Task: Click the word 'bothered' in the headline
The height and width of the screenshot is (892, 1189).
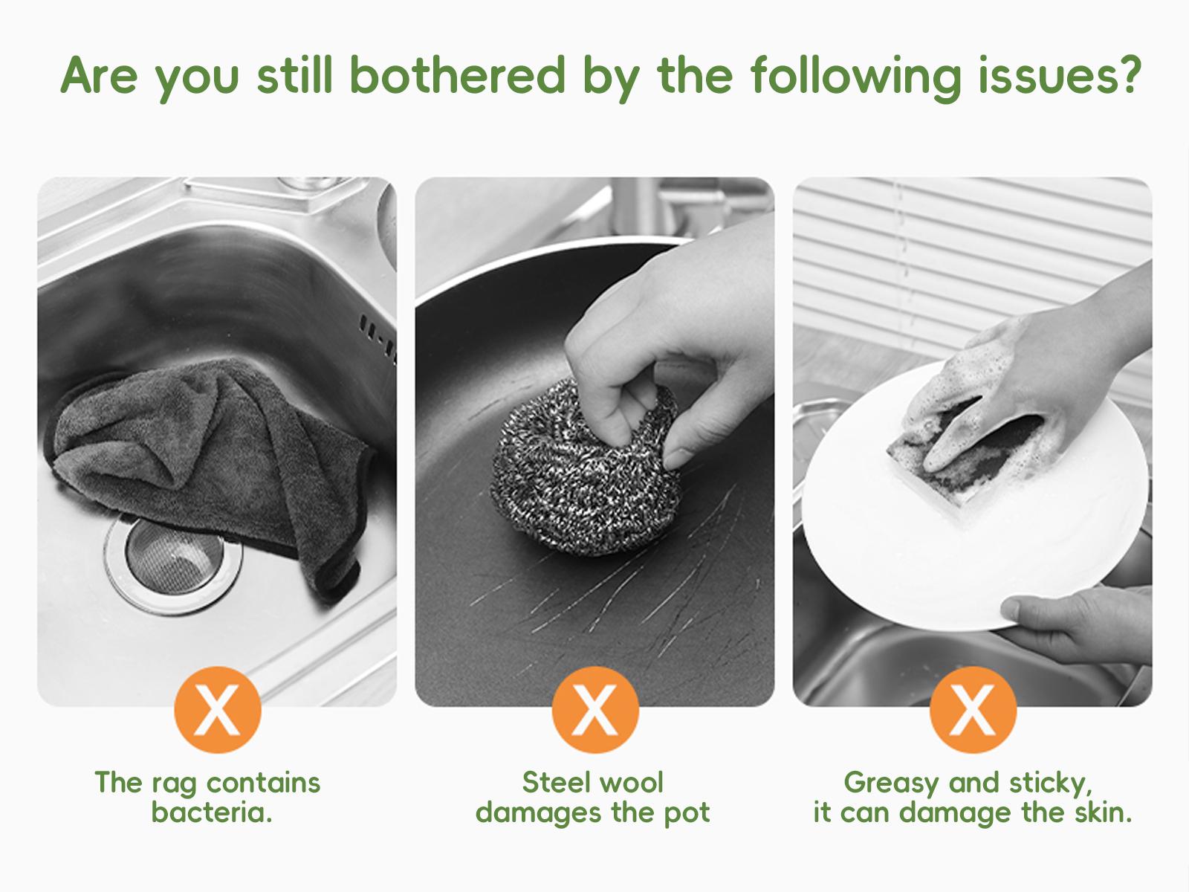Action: click(x=458, y=76)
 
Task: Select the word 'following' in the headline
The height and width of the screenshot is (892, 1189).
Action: click(x=856, y=79)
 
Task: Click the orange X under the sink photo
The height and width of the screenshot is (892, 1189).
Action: click(x=218, y=709)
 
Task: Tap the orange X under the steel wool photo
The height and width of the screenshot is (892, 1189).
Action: click(x=595, y=709)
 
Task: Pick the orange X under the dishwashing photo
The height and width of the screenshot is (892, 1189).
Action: click(x=973, y=709)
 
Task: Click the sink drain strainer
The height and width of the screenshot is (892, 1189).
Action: click(x=173, y=563)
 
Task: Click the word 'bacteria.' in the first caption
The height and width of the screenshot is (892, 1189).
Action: click(x=211, y=812)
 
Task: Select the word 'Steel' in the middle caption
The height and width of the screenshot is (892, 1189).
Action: click(x=556, y=783)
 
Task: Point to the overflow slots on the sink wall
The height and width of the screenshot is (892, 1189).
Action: click(x=379, y=337)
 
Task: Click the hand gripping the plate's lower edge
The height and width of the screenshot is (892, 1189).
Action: click(x=1078, y=623)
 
